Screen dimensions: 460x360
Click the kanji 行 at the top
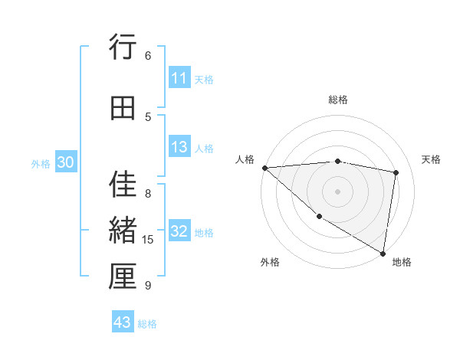click(x=123, y=48)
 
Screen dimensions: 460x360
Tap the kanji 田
click(x=123, y=109)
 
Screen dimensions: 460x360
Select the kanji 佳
click(x=123, y=184)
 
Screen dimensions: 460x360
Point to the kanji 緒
click(x=123, y=230)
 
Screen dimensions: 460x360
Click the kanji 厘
click(x=123, y=277)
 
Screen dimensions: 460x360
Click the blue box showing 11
click(x=179, y=78)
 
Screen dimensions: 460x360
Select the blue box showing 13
click(x=179, y=148)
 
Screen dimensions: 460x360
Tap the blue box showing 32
click(x=179, y=232)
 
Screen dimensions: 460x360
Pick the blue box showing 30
click(x=65, y=163)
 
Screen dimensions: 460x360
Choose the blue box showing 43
click(x=123, y=322)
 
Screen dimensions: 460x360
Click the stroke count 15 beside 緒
click(x=148, y=240)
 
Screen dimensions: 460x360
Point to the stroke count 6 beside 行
click(x=148, y=55)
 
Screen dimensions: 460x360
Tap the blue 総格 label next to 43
click(x=147, y=324)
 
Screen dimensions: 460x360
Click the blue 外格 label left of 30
click(x=41, y=164)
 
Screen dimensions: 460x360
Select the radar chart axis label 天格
click(x=432, y=159)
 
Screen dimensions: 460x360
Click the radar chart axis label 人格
click(x=245, y=159)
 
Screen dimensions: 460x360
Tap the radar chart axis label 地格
click(x=402, y=262)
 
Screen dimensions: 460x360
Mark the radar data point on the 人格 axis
click(x=264, y=168)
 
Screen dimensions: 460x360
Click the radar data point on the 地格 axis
click(x=383, y=253)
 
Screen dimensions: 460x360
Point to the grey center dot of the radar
click(x=337, y=191)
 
